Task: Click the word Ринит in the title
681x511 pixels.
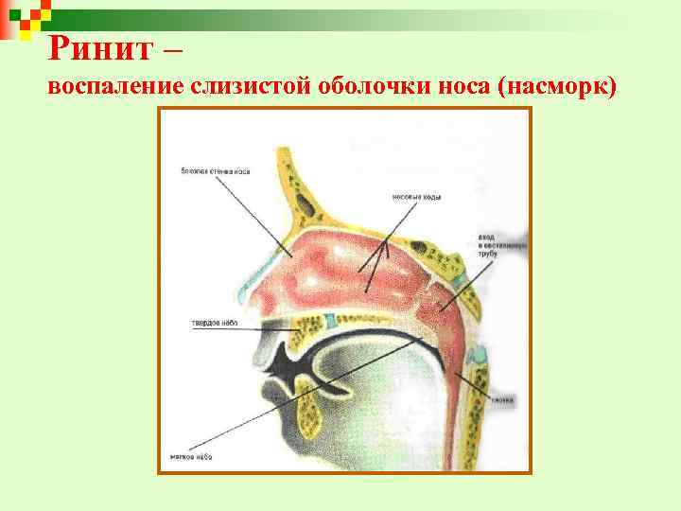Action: [x=90, y=45]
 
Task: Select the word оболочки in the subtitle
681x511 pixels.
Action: [x=345, y=87]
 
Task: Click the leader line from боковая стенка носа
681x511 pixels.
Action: [x=251, y=208]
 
